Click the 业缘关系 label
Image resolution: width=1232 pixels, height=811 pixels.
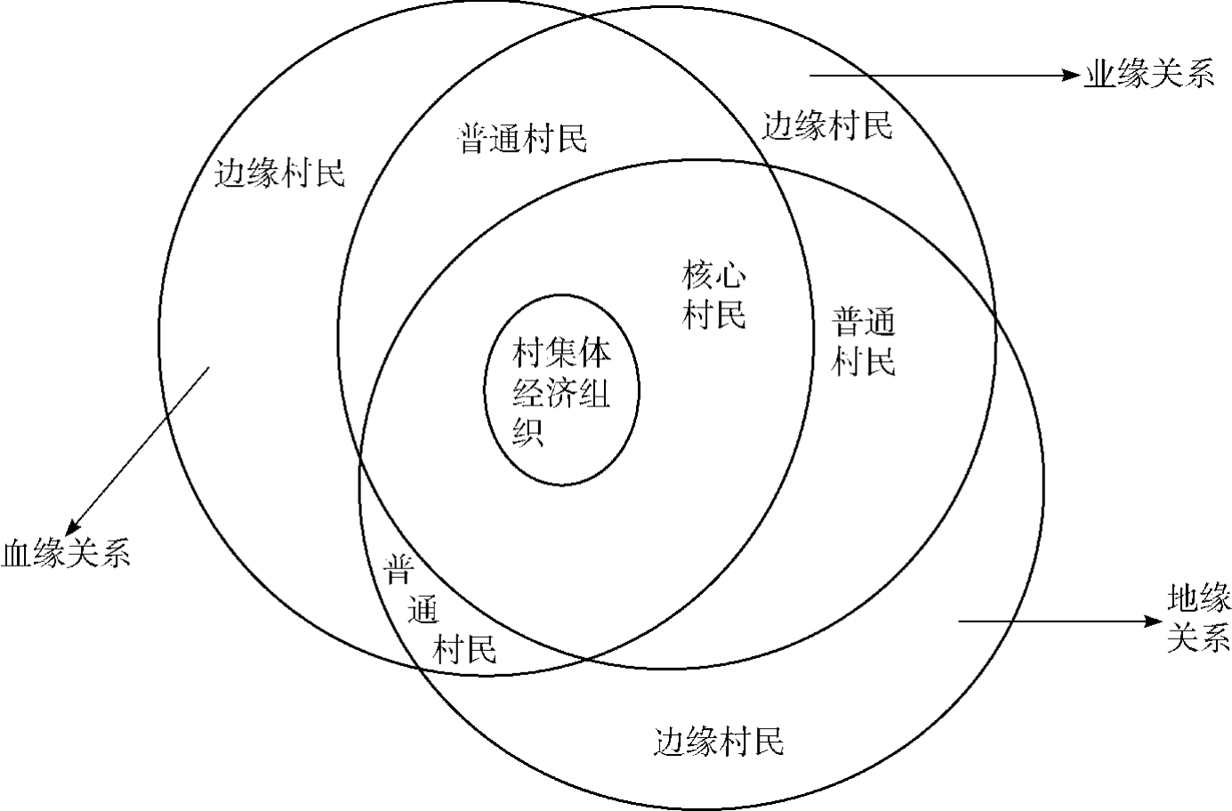[1148, 76]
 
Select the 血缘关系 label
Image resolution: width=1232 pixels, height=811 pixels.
[66, 553]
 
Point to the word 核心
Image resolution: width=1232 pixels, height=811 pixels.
[713, 277]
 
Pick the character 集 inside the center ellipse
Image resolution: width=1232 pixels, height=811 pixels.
[563, 354]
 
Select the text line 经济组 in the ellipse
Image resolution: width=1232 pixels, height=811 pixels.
[562, 392]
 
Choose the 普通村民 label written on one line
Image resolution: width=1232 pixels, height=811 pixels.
[522, 139]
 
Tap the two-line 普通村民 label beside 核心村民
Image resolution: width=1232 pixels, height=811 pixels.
[864, 341]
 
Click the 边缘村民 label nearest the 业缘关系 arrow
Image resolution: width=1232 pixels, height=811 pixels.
[827, 127]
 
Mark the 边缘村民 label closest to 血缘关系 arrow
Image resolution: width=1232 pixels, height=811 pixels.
[280, 173]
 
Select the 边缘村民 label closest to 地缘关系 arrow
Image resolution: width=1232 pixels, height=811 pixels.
[719, 741]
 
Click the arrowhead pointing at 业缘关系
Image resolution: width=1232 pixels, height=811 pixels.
[1072, 76]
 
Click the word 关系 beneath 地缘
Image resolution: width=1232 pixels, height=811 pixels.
[1198, 638]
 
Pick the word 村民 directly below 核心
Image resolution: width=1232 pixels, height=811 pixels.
[713, 315]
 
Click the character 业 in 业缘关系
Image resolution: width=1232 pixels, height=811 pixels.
[1098, 76]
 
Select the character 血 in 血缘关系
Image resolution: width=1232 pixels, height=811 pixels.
[17, 553]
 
